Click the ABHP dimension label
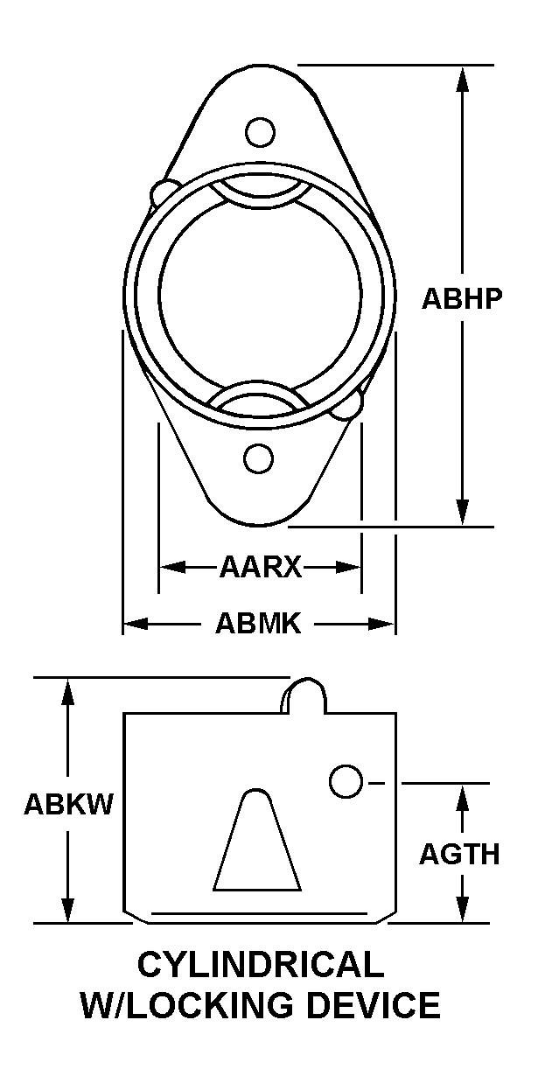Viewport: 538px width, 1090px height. click(461, 299)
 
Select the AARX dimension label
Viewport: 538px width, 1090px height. click(261, 567)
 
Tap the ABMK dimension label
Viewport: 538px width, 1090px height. click(258, 624)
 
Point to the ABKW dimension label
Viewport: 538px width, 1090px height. click(68, 804)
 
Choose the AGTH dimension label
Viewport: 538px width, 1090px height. click(459, 855)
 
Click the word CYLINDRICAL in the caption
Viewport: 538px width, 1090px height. click(261, 964)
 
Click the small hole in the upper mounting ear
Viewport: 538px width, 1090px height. click(260, 132)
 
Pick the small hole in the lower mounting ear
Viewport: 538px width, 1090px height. click(259, 458)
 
